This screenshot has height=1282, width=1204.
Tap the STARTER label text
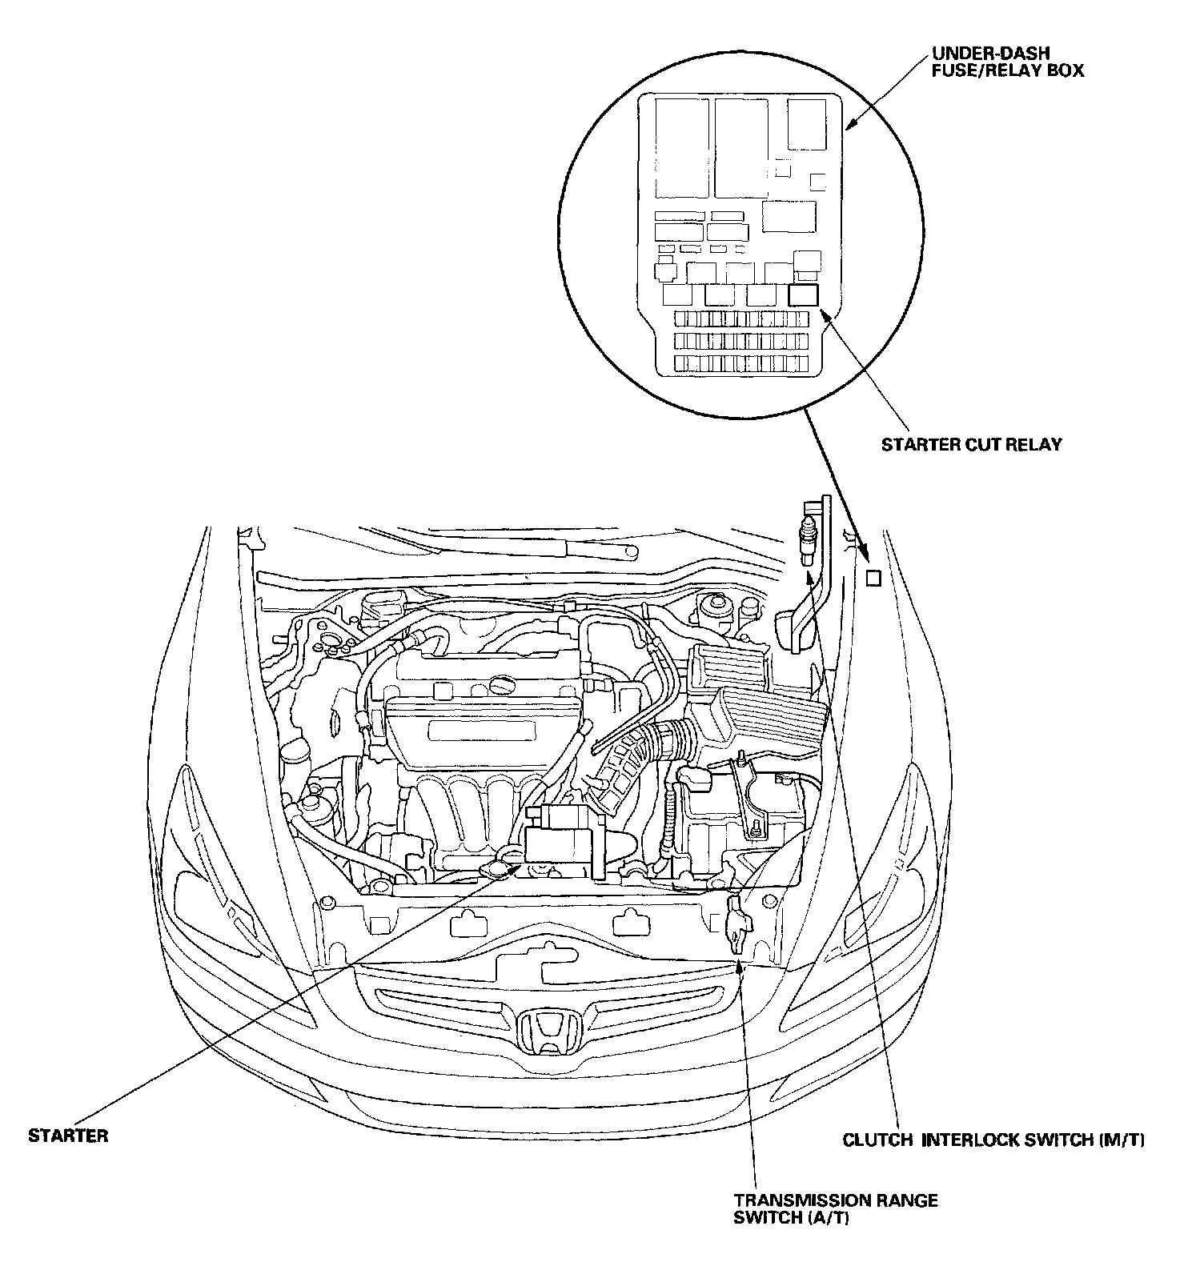click(x=68, y=1136)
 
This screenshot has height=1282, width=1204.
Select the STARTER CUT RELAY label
click(x=971, y=444)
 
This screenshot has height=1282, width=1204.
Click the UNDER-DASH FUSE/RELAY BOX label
click(x=1007, y=62)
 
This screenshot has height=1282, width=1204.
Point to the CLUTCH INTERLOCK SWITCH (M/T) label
click(x=993, y=1140)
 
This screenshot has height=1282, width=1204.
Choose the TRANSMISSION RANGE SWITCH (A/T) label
click(x=836, y=1209)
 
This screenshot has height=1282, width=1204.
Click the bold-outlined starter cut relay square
click(x=803, y=295)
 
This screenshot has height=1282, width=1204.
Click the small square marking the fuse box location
click(x=873, y=578)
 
